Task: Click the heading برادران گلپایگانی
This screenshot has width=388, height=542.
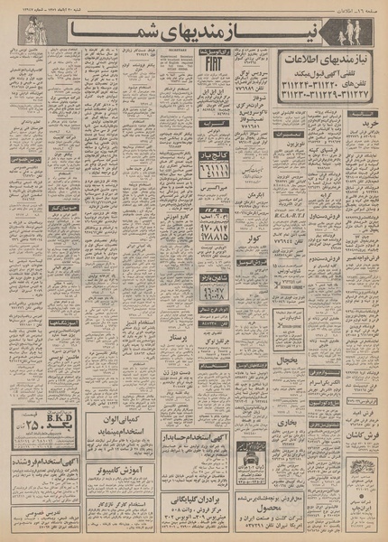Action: click(x=191, y=500)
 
